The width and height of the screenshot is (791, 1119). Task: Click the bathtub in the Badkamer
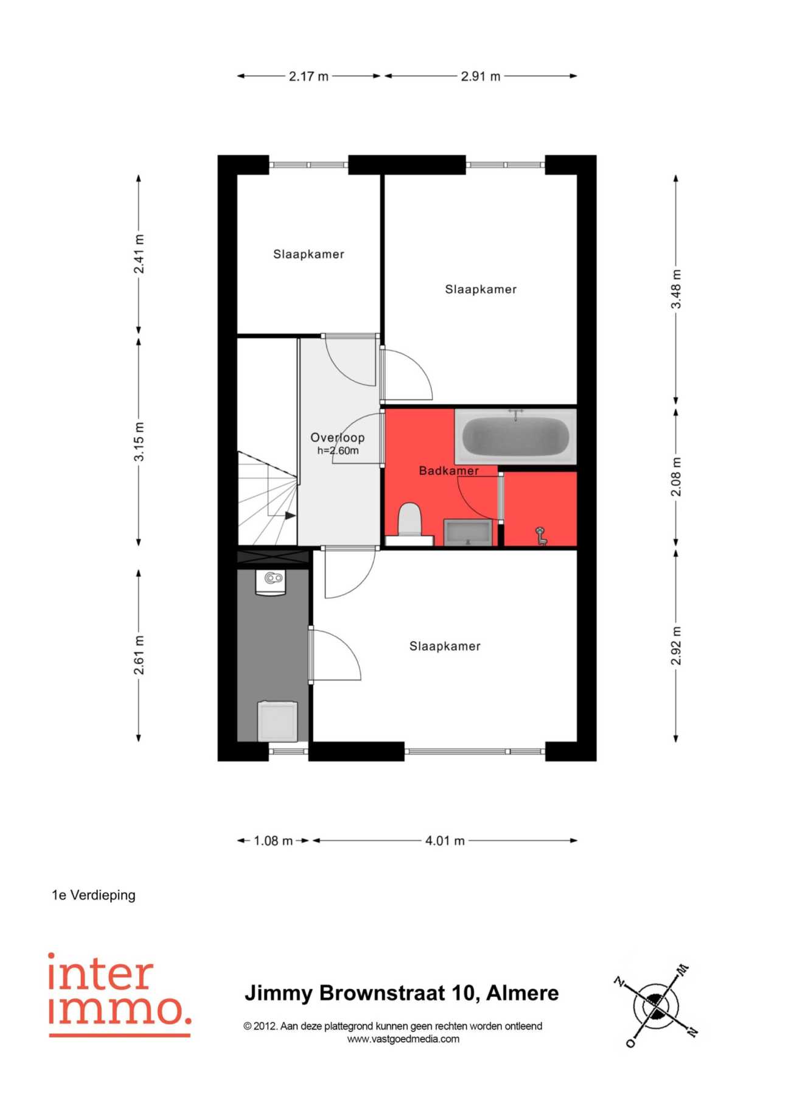pyautogui.click(x=515, y=436)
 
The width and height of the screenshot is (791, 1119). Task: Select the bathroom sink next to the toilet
pyautogui.click(x=467, y=532)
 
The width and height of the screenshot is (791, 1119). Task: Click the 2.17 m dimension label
pyautogui.click(x=308, y=76)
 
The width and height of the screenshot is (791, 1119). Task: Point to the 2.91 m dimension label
pyautogui.click(x=481, y=76)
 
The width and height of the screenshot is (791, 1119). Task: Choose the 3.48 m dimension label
pyautogui.click(x=676, y=289)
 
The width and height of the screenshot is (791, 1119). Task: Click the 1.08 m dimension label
pyautogui.click(x=273, y=841)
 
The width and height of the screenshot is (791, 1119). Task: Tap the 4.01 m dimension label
pyautogui.click(x=445, y=841)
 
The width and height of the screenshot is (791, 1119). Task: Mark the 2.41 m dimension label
pyautogui.click(x=139, y=254)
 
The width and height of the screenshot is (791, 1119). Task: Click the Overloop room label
pyautogui.click(x=338, y=437)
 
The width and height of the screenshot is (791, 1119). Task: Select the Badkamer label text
pyautogui.click(x=449, y=471)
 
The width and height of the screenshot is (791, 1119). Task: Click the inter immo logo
pyautogui.click(x=120, y=994)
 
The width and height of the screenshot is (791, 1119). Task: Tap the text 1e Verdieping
pyautogui.click(x=94, y=895)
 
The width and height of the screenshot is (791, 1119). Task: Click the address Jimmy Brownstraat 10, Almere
pyautogui.click(x=402, y=993)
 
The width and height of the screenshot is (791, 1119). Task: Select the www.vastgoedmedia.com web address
pyautogui.click(x=403, y=1039)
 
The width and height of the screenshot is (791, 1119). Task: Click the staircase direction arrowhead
pyautogui.click(x=291, y=516)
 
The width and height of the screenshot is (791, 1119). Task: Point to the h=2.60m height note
pyautogui.click(x=338, y=451)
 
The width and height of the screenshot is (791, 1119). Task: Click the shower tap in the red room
pyautogui.click(x=540, y=536)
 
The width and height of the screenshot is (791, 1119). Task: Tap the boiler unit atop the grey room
pyautogui.click(x=273, y=583)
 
